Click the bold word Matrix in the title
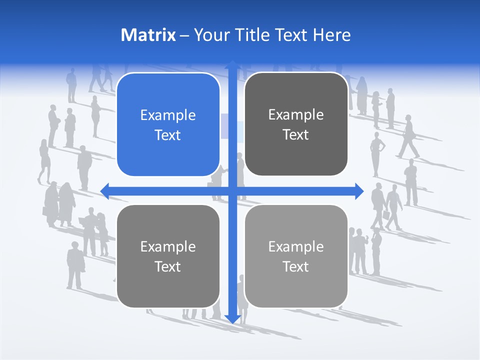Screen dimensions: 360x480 (148, 35)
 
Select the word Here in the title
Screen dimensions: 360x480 (332, 35)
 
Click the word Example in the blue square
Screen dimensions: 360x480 (168, 115)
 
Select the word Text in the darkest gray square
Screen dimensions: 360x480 (296, 135)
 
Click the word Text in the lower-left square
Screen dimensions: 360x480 (168, 266)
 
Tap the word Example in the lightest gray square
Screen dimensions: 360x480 (296, 246)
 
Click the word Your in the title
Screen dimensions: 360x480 (209, 35)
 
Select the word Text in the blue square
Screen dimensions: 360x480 (168, 135)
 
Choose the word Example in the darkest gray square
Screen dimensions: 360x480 (296, 115)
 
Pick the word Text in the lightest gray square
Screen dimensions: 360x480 (296, 266)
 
